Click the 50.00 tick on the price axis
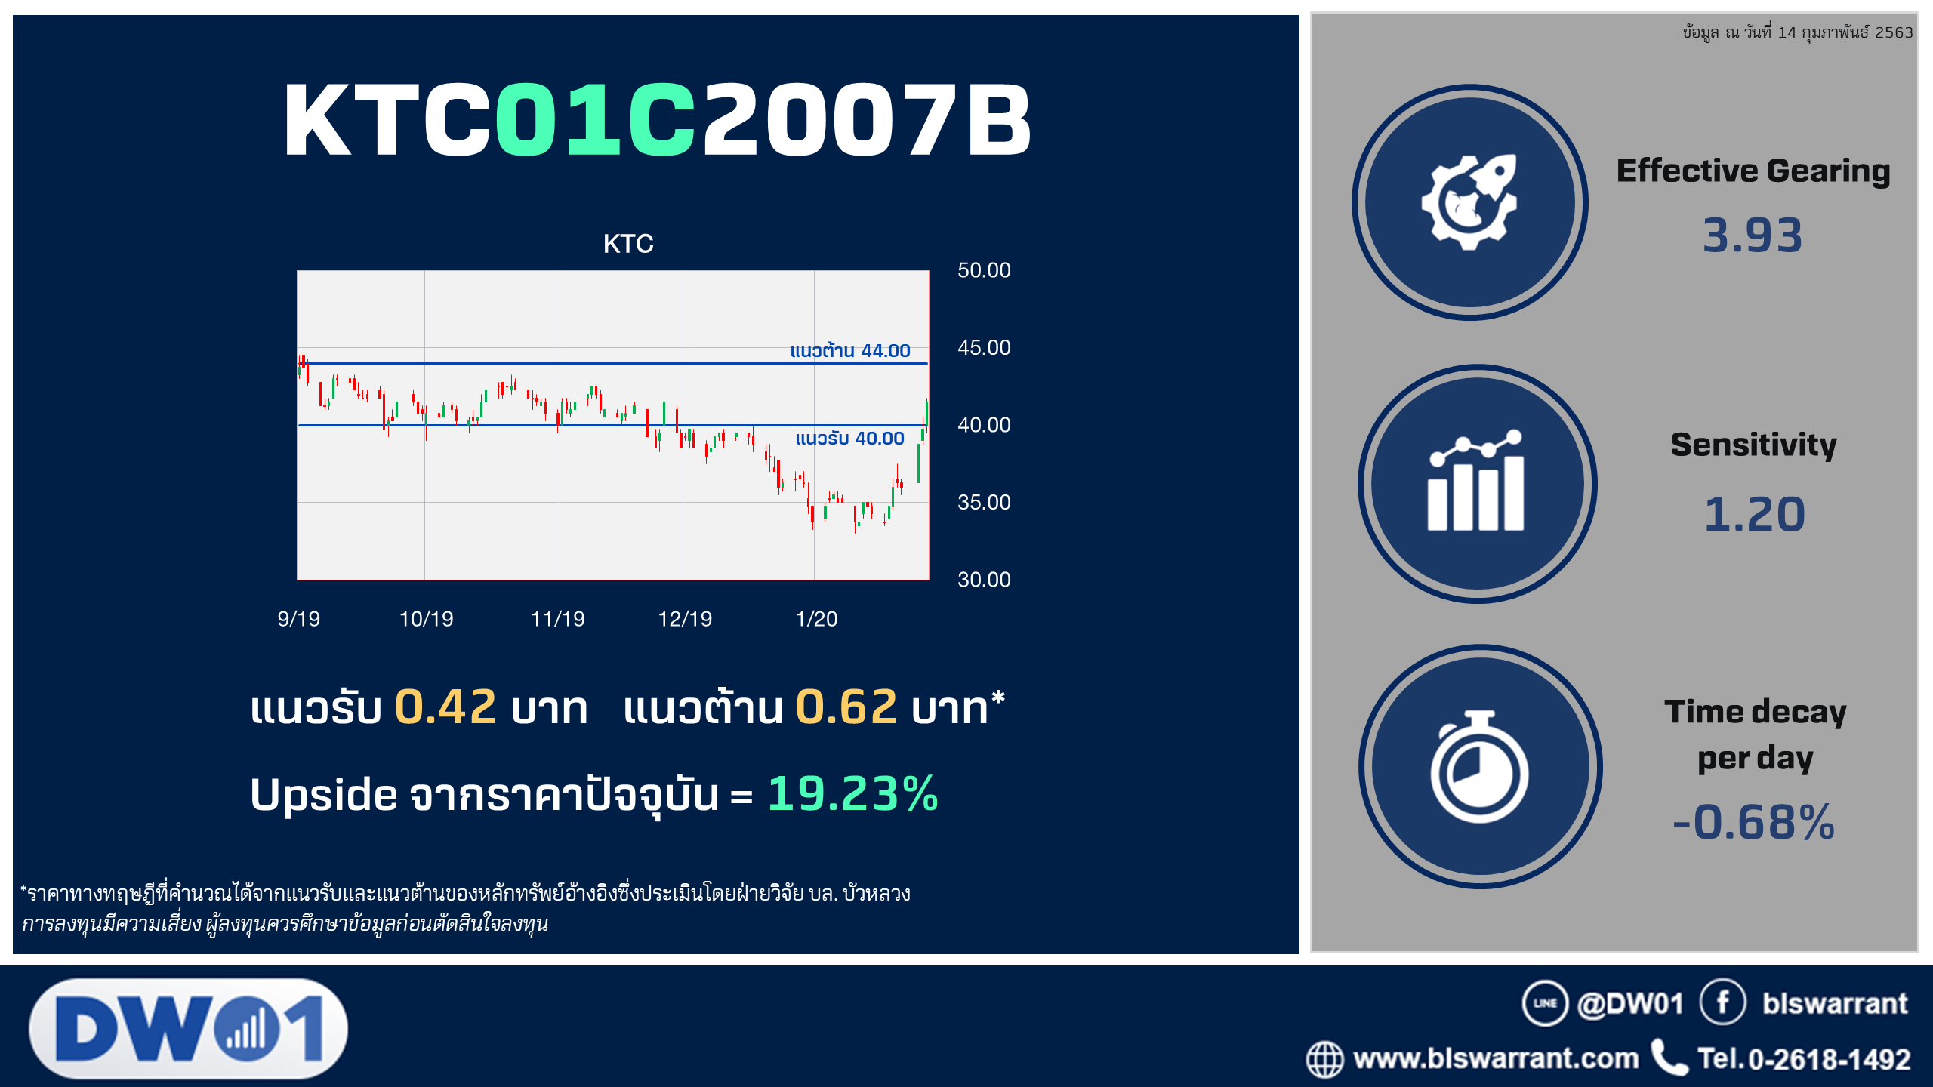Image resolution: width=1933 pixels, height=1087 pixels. click(984, 270)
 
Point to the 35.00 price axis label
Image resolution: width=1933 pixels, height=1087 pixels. click(984, 502)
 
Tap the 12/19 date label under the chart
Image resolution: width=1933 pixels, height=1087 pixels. click(685, 619)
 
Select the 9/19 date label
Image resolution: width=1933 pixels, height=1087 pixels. click(299, 619)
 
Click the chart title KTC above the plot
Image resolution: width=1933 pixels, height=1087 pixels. click(628, 244)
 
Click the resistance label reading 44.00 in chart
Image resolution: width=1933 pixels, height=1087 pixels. click(850, 350)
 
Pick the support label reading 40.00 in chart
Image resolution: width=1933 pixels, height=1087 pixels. click(849, 438)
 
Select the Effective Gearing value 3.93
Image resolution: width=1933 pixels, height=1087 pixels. click(1753, 235)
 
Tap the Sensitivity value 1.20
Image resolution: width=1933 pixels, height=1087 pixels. click(1754, 514)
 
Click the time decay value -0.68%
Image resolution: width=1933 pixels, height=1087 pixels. click(1753, 821)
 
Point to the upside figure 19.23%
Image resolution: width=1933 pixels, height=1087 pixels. click(853, 793)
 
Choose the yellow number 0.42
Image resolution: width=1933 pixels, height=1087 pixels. click(445, 707)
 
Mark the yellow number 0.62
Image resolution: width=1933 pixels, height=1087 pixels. click(846, 707)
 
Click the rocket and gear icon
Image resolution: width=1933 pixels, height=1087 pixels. click(1469, 202)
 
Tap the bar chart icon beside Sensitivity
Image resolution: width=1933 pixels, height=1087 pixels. click(1476, 480)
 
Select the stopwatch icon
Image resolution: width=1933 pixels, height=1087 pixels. click(1479, 766)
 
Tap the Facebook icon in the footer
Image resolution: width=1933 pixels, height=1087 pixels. click(1722, 1002)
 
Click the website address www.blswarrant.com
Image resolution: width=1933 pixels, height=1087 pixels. click(1496, 1058)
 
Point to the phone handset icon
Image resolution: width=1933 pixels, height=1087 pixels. click(1669, 1058)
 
